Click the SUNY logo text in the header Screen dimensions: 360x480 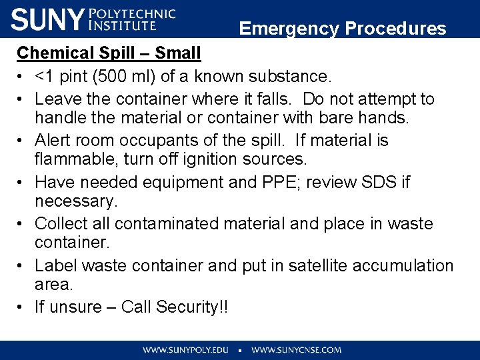[x=47, y=19]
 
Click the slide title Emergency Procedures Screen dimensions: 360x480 [x=343, y=29]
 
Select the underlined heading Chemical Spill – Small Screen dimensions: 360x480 [x=109, y=53]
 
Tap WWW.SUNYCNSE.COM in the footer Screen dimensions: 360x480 [x=296, y=349]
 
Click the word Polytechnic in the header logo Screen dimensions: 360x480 [x=132, y=13]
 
